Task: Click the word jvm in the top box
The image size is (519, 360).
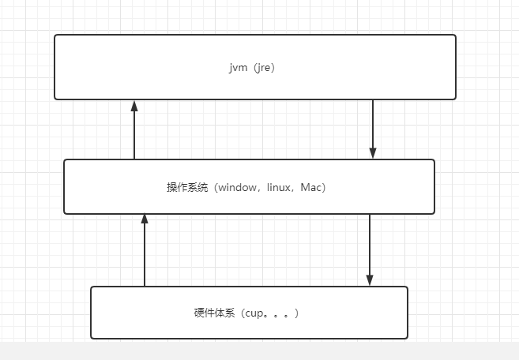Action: point(235,68)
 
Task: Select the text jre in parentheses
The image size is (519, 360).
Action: point(265,68)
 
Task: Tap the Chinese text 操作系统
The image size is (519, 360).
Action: point(184,188)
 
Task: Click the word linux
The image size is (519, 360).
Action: point(278,188)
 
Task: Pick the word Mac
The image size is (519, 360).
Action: point(311,188)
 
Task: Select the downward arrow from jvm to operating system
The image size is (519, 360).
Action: point(373,126)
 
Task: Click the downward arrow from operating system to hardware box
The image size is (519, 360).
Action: point(369,246)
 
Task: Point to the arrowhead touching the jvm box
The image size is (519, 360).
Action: point(134,106)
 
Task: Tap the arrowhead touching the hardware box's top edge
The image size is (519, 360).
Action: point(369,279)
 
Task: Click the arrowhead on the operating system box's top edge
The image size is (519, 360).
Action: point(373,153)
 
